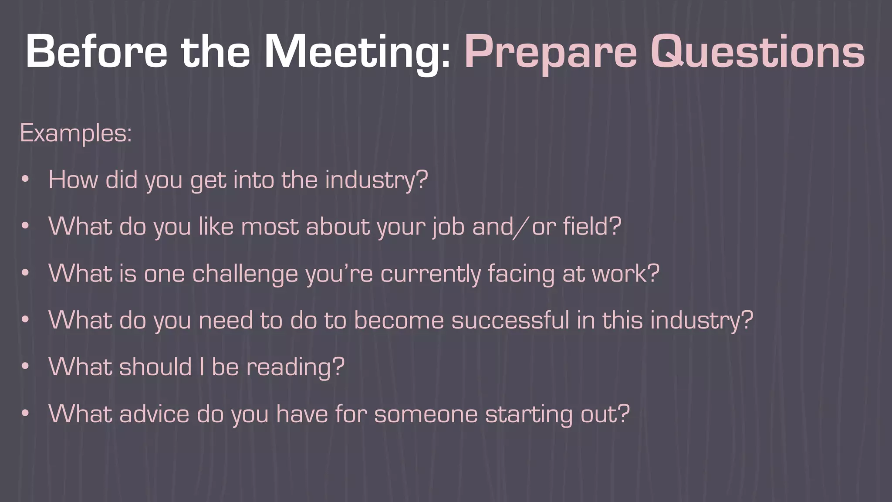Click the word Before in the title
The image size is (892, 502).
click(96, 52)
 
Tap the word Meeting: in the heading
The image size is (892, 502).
click(357, 52)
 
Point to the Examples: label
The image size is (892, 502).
click(76, 133)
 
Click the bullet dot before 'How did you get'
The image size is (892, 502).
click(25, 179)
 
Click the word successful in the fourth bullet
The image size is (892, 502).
click(510, 320)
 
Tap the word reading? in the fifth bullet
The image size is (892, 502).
click(295, 367)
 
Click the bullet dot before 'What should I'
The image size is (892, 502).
click(25, 366)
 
